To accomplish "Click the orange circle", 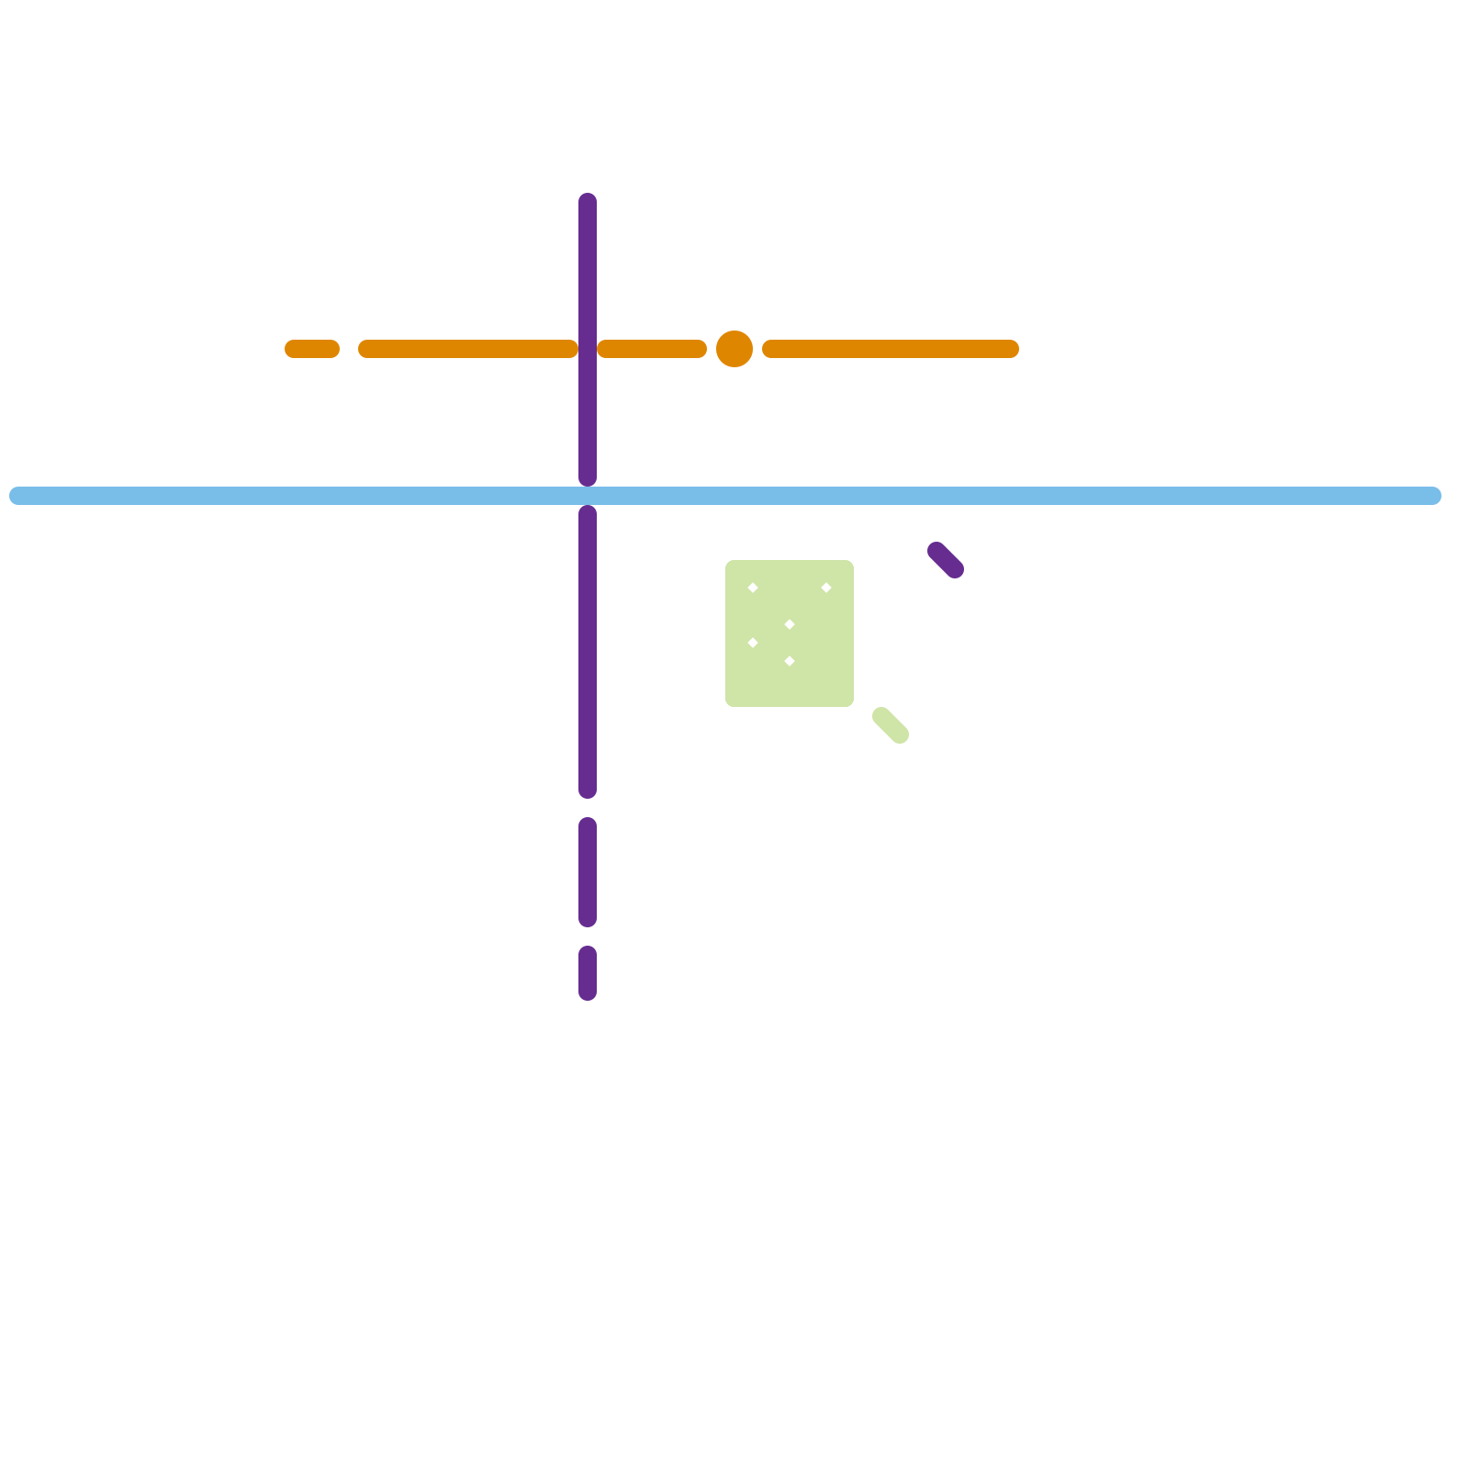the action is click(734, 349).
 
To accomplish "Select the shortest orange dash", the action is click(312, 349).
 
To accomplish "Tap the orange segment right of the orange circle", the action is click(891, 349).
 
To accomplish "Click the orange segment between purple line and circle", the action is click(652, 349).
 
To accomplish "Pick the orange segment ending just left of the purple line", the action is click(468, 349).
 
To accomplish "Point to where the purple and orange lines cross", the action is click(588, 349).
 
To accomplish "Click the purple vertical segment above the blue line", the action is click(588, 275).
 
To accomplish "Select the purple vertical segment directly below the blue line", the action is click(588, 652).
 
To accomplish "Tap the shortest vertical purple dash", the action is click(588, 973).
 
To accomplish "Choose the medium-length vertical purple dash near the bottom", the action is click(588, 872).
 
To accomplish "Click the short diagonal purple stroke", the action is click(946, 560).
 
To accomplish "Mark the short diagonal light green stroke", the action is click(891, 725).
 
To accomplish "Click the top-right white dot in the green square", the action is click(826, 588).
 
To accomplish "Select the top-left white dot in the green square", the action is click(753, 588).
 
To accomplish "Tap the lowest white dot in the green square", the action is click(790, 661).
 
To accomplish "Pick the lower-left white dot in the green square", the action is click(753, 643).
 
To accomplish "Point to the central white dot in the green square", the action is click(790, 624).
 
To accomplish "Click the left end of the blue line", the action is click(17, 496).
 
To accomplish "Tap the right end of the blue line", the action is click(1434, 496).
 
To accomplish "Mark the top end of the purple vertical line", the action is click(588, 200).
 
